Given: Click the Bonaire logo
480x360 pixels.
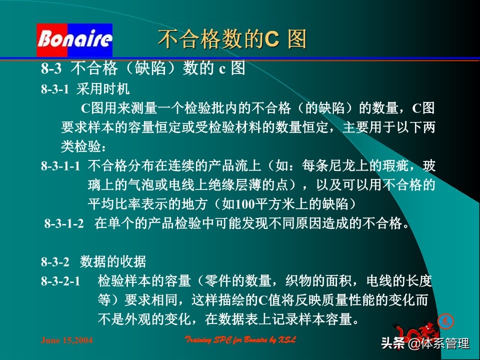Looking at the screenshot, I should pyautogui.click(x=74, y=39).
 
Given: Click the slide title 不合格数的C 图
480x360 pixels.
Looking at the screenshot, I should pyautogui.click(x=232, y=39).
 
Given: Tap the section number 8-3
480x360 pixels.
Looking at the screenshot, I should pyautogui.click(x=51, y=68).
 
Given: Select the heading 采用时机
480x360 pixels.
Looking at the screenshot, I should pyautogui.click(x=103, y=89).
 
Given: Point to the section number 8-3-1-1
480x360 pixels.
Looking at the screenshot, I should pyautogui.click(x=60, y=166).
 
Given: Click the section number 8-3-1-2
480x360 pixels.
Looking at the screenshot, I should pyautogui.click(x=64, y=224).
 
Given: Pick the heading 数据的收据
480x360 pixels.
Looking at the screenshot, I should pyautogui.click(x=113, y=261).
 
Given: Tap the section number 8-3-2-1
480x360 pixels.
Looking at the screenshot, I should pyautogui.click(x=60, y=281).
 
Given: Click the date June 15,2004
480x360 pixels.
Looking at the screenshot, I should pyautogui.click(x=67, y=340).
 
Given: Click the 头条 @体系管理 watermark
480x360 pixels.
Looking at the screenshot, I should pyautogui.click(x=425, y=343).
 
